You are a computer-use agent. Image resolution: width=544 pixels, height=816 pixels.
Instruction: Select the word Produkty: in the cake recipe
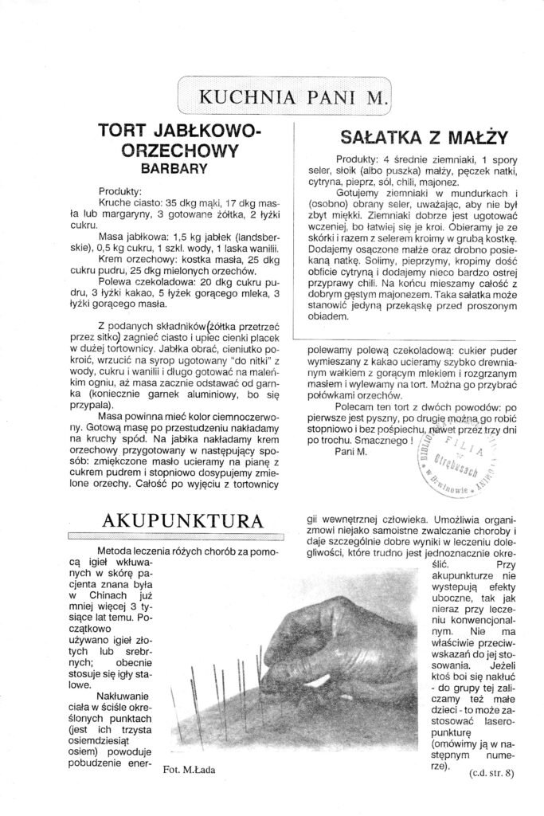pos(120,192)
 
